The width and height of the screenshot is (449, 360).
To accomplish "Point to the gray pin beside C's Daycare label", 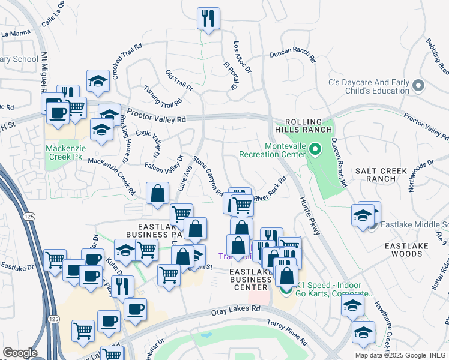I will [419, 86].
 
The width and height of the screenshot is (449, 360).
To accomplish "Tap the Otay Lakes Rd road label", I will [235, 310].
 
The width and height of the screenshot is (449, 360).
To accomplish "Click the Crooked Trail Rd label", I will [126, 62].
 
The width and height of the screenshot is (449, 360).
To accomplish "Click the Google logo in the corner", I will [20, 352].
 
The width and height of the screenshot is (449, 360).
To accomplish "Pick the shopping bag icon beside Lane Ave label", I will [157, 193].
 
